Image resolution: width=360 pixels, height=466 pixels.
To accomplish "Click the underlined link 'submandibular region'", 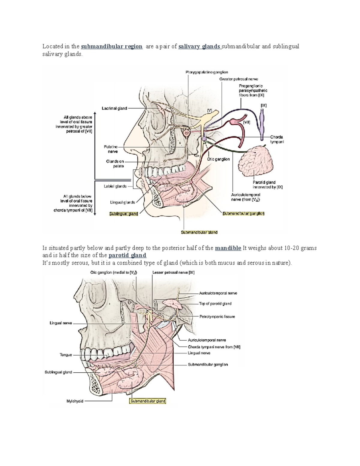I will (x=112, y=47).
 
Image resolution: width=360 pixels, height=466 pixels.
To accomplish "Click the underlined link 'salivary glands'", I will (x=199, y=47).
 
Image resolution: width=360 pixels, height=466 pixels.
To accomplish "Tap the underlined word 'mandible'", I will (x=228, y=248).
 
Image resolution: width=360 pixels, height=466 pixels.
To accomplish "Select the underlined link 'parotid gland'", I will (x=127, y=255).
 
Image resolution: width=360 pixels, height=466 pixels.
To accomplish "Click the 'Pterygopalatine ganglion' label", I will (x=207, y=72).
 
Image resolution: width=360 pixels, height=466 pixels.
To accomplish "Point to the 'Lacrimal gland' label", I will (x=114, y=108).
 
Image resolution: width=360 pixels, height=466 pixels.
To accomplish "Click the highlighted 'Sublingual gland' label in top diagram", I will (x=124, y=214).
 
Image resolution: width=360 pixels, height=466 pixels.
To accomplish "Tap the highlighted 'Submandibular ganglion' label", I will (x=243, y=214).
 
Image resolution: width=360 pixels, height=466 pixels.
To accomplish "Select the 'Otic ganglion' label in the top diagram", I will (x=218, y=159).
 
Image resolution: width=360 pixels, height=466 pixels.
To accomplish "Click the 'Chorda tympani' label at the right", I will (x=277, y=140).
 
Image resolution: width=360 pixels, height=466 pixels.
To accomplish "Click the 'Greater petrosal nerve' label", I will (x=238, y=79).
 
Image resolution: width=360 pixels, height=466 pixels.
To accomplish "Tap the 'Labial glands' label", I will (x=115, y=186).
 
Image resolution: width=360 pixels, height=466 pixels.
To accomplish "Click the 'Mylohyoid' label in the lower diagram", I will (x=75, y=401).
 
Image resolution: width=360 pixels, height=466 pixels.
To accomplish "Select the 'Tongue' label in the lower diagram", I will (x=66, y=355).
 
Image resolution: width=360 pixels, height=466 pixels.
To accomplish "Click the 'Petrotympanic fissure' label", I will (x=217, y=317).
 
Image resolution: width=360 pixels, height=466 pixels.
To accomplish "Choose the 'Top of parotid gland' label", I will (x=215, y=304).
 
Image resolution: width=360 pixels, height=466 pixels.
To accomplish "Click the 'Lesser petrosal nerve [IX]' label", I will (x=173, y=273).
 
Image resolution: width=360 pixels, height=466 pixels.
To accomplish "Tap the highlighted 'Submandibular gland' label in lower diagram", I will (x=148, y=401).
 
